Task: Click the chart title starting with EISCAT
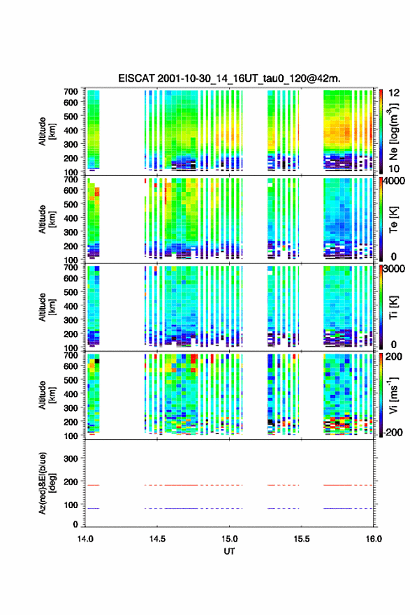click(x=229, y=78)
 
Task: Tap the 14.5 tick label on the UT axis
click(x=157, y=539)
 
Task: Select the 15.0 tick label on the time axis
click(x=229, y=539)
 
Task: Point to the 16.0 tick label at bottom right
click(x=374, y=539)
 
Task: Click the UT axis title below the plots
click(x=229, y=551)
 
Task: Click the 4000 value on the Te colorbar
click(x=395, y=181)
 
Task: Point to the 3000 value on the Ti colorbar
click(x=395, y=268)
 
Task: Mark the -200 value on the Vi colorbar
click(x=392, y=432)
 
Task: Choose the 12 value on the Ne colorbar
click(x=394, y=92)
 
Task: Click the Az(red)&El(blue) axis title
click(x=46, y=483)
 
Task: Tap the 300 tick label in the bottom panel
click(x=71, y=458)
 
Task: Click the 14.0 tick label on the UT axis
click(x=85, y=539)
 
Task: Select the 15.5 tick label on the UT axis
click(x=302, y=539)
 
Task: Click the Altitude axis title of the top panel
click(x=47, y=131)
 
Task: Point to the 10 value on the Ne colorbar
click(x=394, y=168)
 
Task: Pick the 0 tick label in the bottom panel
click(x=75, y=524)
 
